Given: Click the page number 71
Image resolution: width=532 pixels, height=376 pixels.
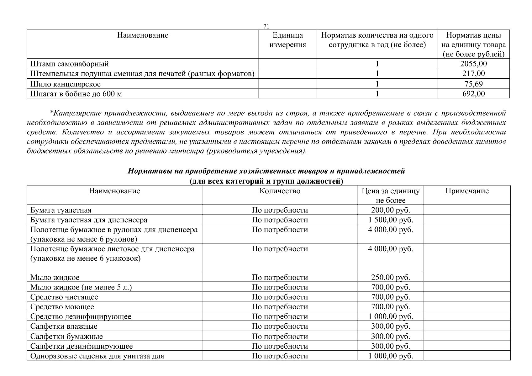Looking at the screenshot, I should [x=266, y=26].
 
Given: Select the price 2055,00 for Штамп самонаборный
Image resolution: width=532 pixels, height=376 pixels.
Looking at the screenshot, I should [x=473, y=64].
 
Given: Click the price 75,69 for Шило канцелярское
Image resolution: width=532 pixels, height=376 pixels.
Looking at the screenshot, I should [x=473, y=84].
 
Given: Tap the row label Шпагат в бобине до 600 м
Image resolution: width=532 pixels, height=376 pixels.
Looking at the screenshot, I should [x=76, y=94].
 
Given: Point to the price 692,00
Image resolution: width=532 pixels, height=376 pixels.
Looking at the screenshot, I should [x=473, y=94].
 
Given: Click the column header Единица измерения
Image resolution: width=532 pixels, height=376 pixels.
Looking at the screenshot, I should [x=287, y=40].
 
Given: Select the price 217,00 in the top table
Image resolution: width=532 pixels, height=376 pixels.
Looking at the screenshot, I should [x=473, y=74].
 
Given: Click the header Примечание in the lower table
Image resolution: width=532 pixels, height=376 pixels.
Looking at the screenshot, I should [x=467, y=191].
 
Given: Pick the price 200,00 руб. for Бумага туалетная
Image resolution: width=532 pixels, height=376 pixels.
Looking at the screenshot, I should [x=390, y=210].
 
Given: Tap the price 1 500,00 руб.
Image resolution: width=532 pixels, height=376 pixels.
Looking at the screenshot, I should [x=390, y=220].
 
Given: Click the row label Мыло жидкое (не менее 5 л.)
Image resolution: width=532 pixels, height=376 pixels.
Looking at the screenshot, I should [x=81, y=287].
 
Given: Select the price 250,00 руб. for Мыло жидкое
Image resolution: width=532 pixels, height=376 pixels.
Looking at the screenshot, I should [x=390, y=277].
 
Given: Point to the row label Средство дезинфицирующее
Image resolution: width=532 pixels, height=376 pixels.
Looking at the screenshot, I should [x=81, y=316].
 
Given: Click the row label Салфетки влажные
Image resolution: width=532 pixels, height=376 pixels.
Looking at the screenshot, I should [x=64, y=326].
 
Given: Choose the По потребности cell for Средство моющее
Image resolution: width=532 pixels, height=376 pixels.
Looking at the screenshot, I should [x=280, y=307].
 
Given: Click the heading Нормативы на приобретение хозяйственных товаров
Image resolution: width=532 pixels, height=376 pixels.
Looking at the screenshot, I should [x=266, y=171].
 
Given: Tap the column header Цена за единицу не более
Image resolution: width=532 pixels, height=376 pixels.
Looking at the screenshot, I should [x=390, y=196].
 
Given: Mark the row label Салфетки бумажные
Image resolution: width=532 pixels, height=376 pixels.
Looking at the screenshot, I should [x=66, y=337].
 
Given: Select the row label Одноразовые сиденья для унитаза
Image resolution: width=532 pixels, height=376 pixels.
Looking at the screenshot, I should [x=97, y=356].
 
